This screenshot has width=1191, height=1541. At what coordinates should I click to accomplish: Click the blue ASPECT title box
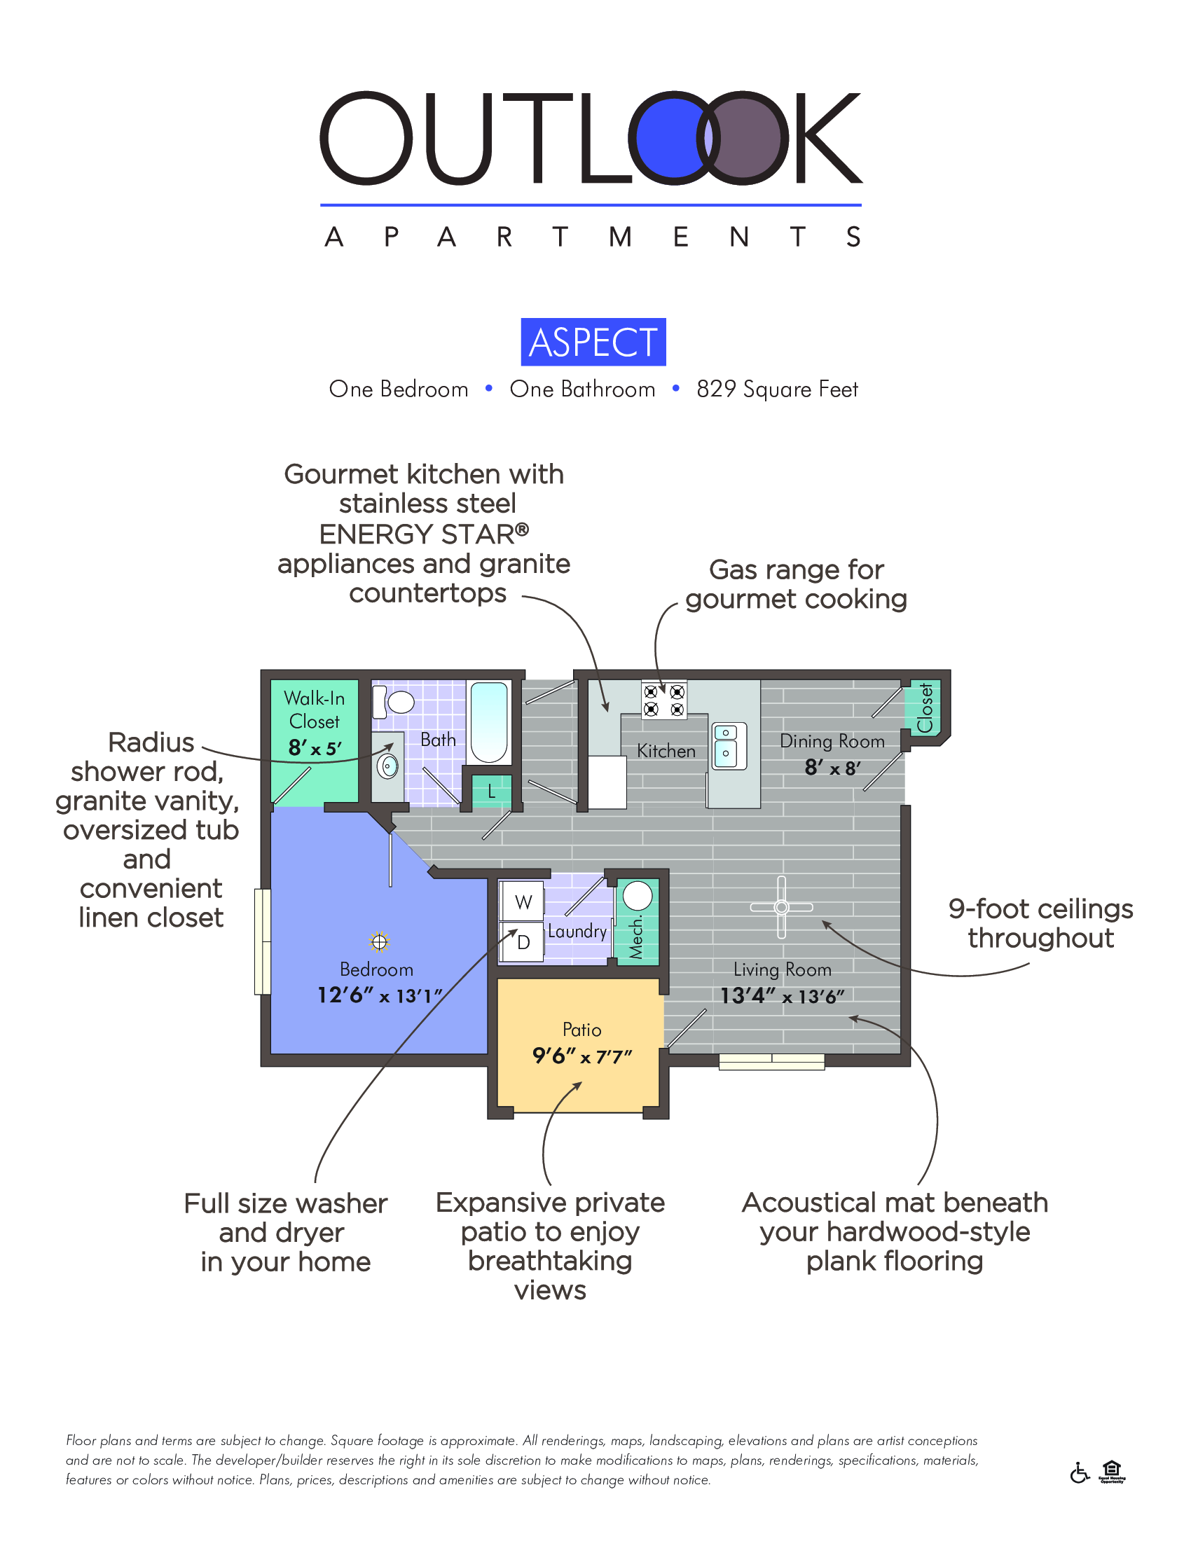[593, 343]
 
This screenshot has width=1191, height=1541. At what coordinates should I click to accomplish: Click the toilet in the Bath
[396, 702]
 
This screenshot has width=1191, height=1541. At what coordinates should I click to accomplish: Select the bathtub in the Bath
[489, 721]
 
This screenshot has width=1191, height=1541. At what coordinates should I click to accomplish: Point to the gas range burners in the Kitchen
[663, 700]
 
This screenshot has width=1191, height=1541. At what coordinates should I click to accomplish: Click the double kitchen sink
[727, 745]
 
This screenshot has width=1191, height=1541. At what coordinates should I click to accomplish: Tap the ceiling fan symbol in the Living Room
[781, 907]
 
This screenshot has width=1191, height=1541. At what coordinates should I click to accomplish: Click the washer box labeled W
[523, 901]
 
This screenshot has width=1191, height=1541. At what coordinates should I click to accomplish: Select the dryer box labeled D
[523, 942]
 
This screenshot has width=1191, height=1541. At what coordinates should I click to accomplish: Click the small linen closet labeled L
[491, 791]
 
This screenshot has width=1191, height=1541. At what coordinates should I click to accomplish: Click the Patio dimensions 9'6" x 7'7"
[582, 1056]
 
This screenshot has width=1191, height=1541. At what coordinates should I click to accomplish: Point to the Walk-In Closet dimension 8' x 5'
[315, 748]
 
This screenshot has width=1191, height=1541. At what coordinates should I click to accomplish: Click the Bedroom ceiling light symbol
[380, 941]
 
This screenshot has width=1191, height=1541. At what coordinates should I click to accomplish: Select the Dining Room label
[832, 742]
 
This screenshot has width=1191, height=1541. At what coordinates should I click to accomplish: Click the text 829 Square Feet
[777, 389]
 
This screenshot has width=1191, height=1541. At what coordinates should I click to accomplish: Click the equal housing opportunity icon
[1111, 1471]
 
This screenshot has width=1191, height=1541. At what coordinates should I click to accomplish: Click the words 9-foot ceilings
[1040, 908]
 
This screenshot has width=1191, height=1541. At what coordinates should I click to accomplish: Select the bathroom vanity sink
[387, 766]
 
